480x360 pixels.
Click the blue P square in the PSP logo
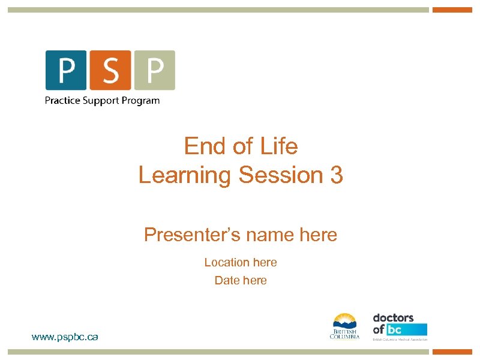coord(66,70)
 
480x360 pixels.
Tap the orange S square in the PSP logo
coord(110,70)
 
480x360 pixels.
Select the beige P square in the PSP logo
coord(154,70)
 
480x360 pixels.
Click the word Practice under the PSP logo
coord(62,100)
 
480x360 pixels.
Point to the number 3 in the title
coord(337,175)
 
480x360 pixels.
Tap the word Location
coord(227,262)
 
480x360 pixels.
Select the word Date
coord(227,280)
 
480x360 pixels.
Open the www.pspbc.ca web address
coord(65,337)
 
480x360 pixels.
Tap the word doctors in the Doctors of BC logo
coord(393,317)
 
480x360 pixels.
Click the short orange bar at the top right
coord(452,10)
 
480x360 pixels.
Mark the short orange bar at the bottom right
coord(452,352)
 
